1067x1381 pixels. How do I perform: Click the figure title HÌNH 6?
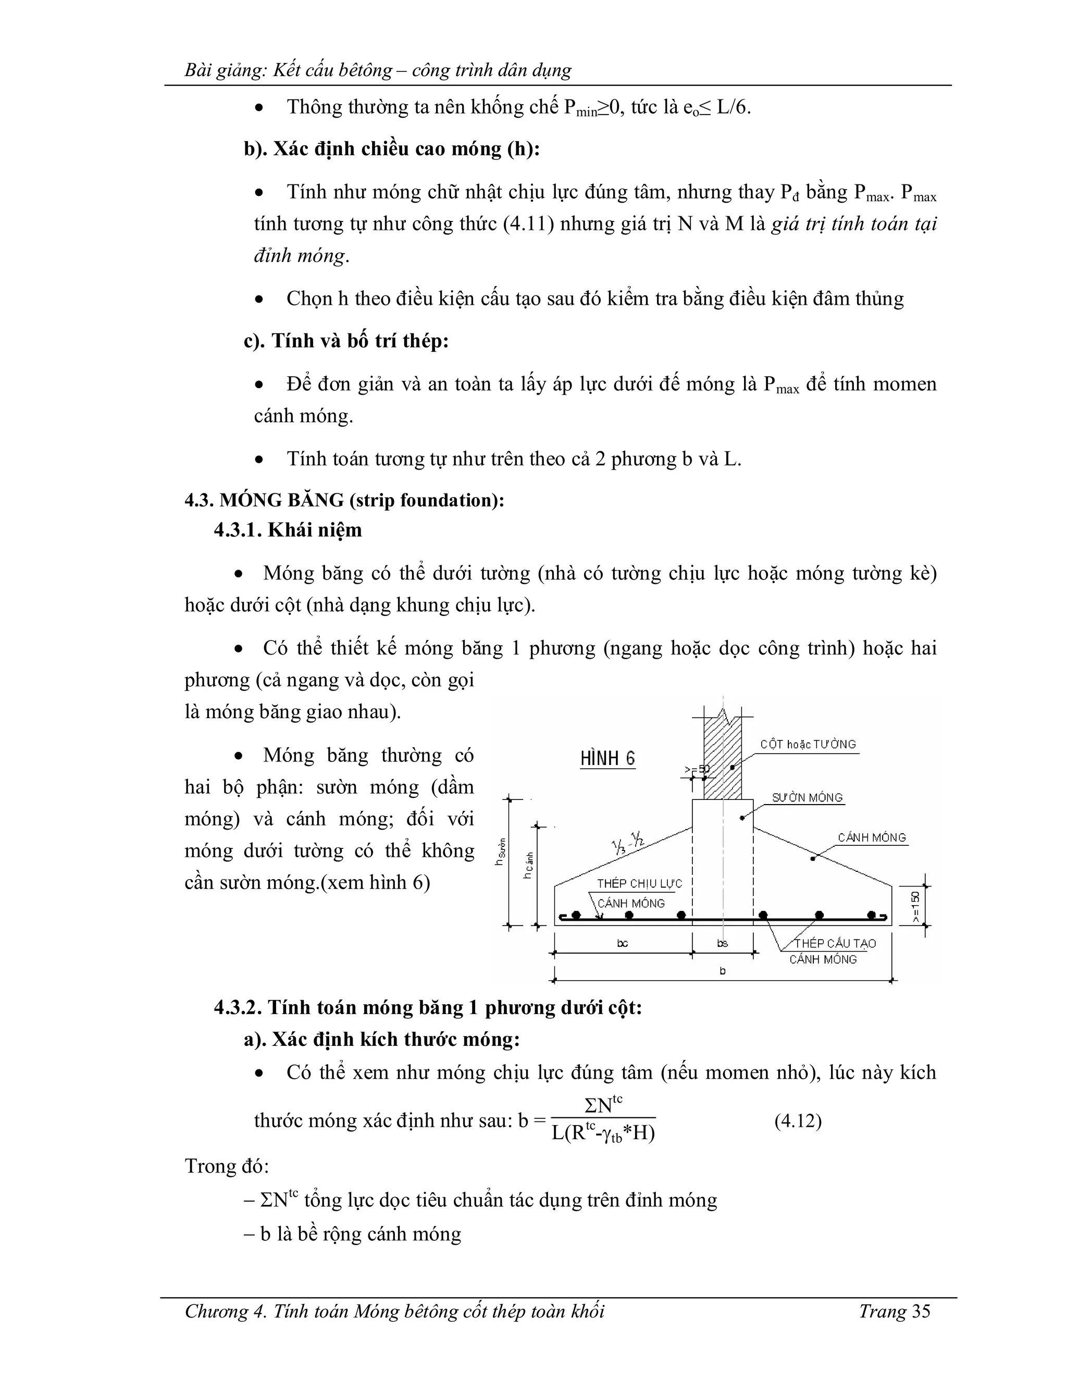click(x=607, y=758)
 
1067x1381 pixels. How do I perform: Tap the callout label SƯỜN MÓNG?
click(x=807, y=798)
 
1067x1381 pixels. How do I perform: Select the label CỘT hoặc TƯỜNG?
click(x=808, y=744)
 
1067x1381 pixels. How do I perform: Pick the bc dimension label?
click(x=623, y=943)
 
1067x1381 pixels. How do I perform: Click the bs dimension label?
click(x=723, y=943)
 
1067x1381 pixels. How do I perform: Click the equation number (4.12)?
click(x=798, y=1121)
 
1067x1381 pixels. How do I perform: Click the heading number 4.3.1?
click(x=237, y=530)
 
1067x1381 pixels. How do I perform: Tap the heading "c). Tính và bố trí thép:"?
click(x=346, y=341)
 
